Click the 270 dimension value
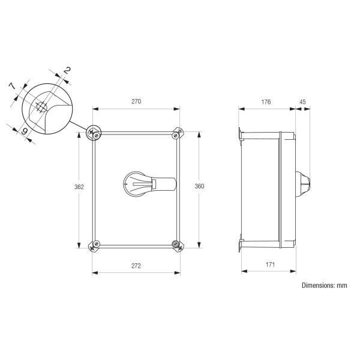coord(136,101)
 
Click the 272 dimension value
coord(136,265)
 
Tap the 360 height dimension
coord(200,187)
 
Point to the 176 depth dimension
coord(266,101)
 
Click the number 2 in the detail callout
coord(67,71)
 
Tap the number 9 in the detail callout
coord(25,131)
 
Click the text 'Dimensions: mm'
coord(324,286)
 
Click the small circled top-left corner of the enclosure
coord(94,133)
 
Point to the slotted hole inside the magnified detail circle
coord(41,109)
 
